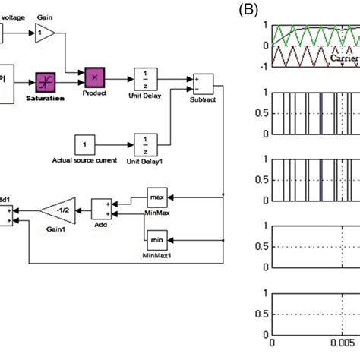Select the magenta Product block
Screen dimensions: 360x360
pos(95,76)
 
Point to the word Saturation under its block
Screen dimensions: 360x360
pos(45,98)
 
